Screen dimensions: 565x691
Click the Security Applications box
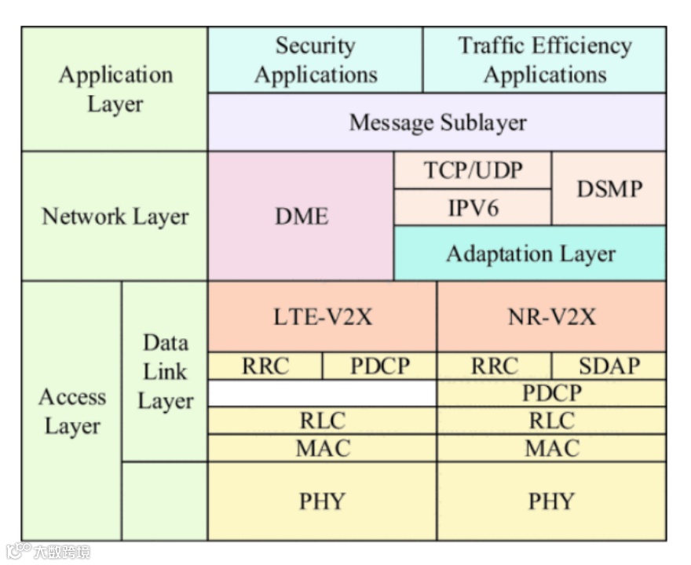pyautogui.click(x=315, y=60)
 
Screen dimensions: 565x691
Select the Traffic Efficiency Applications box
pyautogui.click(x=544, y=60)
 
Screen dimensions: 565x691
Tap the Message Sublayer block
pyautogui.click(x=437, y=122)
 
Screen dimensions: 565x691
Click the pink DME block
pyautogui.click(x=301, y=216)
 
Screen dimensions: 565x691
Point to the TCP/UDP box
pyautogui.click(x=473, y=170)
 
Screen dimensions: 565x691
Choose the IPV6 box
pyautogui.click(x=473, y=207)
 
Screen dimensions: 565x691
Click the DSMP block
pyautogui.click(x=609, y=189)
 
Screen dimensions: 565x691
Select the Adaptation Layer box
pyautogui.click(x=530, y=253)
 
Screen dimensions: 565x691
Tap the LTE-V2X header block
pyautogui.click(x=322, y=316)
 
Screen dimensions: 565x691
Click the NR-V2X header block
pyautogui.click(x=551, y=316)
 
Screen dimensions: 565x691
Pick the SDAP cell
pyautogui.click(x=609, y=366)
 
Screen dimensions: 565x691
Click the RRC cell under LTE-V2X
pyautogui.click(x=265, y=366)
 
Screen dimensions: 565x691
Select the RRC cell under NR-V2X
pyautogui.click(x=495, y=366)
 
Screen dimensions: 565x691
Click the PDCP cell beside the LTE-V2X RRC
pyautogui.click(x=379, y=366)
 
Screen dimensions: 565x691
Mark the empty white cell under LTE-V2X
pyautogui.click(x=322, y=393)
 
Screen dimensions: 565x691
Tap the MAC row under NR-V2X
pyautogui.click(x=551, y=448)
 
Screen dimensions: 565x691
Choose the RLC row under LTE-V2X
pyautogui.click(x=322, y=421)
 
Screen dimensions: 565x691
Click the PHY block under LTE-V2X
pyautogui.click(x=322, y=501)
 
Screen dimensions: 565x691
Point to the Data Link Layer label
pyautogui.click(x=165, y=371)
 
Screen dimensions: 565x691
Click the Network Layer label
pyautogui.click(x=115, y=216)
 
